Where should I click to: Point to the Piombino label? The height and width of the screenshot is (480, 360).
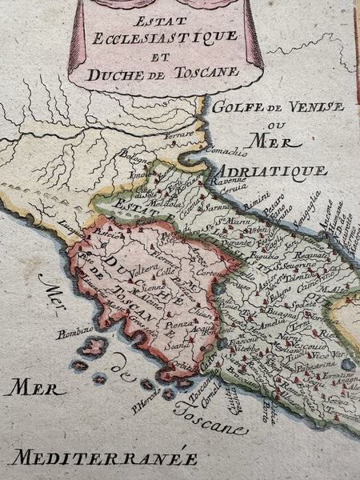click(x=75, y=330)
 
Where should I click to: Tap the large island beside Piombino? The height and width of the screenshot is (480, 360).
click(x=93, y=347)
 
